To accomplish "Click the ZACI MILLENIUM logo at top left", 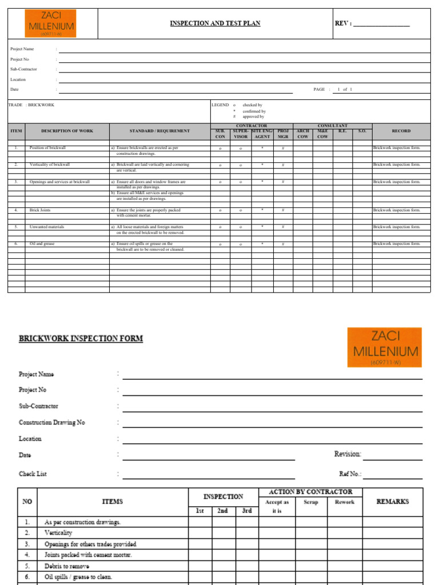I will pos(50,23).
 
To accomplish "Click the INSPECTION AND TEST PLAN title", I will pos(215,23).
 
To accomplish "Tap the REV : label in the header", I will pos(344,23).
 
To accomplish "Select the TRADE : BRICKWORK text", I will pos(31,105).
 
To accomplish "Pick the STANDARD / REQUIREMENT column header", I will pos(159,131).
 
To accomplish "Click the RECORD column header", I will pos(401,131).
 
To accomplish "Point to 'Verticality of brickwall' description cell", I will pos(50,165).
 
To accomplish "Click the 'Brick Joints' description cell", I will pos(40,210).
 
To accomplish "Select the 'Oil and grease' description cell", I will pos(42,244).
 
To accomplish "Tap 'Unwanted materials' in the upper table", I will pos(47,227).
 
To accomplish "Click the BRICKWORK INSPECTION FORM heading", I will pos(81,339).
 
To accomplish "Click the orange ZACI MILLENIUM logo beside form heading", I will pos(385,347).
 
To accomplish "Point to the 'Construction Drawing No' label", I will pos(52,423).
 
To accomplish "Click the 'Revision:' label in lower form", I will pos(348,454).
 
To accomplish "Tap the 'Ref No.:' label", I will pos(350,474).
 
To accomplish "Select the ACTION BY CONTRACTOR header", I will pos(310,492).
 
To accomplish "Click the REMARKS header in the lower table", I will pos(393,502).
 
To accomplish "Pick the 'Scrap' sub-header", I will pos(311,502).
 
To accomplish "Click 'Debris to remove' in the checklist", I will pos(67,566).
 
